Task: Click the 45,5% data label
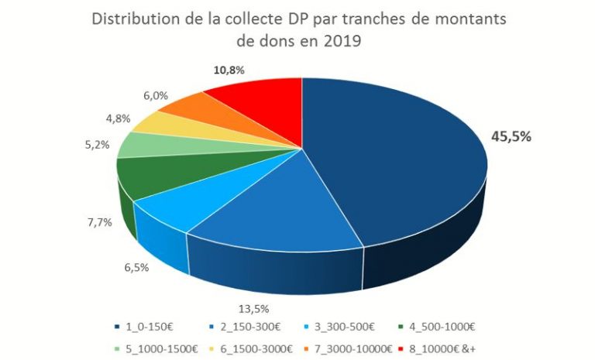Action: (x=512, y=138)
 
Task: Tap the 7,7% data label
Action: (x=99, y=222)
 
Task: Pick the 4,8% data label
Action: (x=117, y=120)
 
